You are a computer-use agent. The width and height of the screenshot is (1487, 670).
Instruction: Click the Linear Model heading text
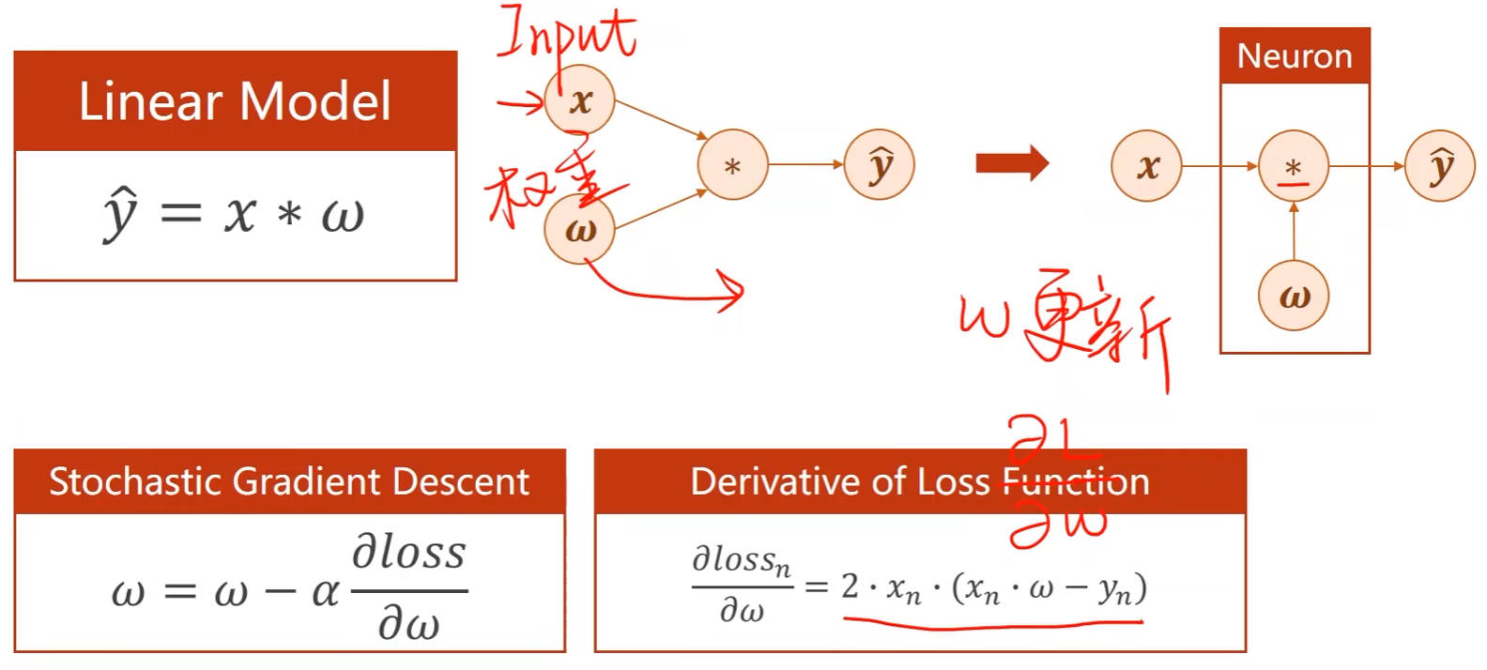[x=235, y=101]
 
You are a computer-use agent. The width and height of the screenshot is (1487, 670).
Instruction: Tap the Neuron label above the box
[x=1294, y=56]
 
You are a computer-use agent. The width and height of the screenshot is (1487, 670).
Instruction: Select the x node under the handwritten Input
[x=579, y=99]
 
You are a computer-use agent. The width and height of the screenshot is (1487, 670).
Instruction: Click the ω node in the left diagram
[x=579, y=229]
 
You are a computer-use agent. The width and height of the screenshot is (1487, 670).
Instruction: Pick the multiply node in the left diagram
[x=732, y=165]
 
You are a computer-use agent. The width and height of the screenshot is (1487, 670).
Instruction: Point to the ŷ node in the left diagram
[x=879, y=165]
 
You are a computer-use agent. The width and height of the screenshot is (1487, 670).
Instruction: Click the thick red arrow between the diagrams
[x=1012, y=164]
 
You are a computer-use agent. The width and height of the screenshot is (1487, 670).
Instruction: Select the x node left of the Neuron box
[x=1146, y=167]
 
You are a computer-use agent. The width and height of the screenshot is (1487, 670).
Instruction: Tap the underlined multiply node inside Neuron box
[x=1293, y=167]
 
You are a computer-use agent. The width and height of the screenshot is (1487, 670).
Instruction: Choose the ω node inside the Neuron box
[x=1293, y=296]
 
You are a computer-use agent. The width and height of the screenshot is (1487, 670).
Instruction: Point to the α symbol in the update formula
[x=325, y=591]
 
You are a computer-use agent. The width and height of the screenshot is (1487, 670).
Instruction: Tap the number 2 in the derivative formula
[x=850, y=586]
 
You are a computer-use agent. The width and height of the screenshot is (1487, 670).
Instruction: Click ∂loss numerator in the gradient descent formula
[x=408, y=553]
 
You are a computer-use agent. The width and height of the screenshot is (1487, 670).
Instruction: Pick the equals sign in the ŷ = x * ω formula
[x=180, y=214]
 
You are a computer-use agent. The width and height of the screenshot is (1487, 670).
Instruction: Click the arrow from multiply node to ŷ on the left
[x=805, y=165]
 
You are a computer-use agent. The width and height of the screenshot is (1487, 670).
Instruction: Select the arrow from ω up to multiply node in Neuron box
[x=1294, y=232]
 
